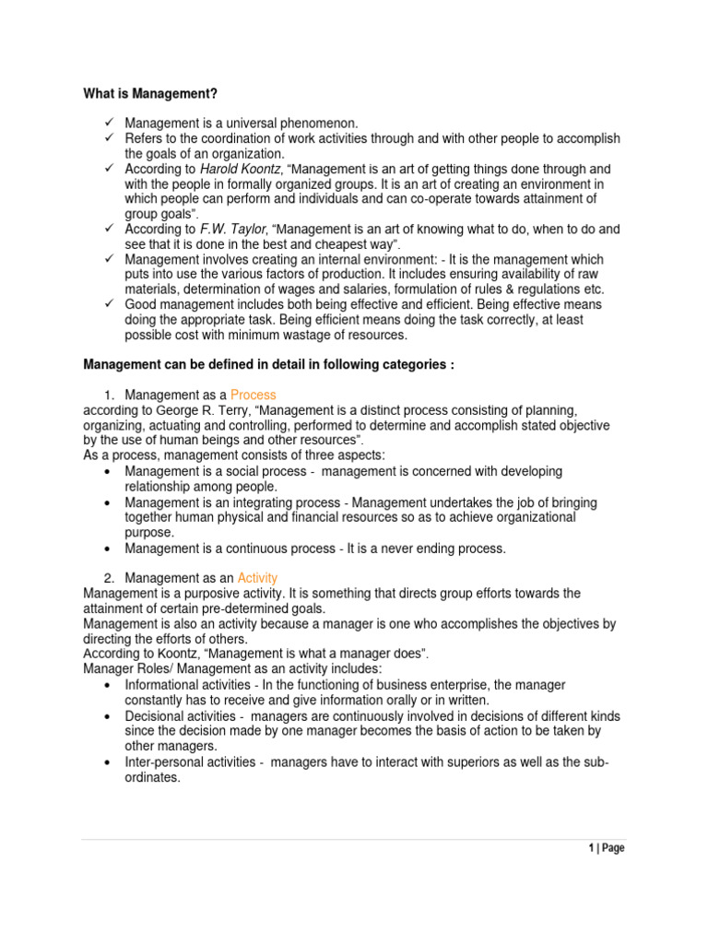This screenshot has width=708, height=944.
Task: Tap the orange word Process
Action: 254,395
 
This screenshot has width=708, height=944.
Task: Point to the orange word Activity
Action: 257,578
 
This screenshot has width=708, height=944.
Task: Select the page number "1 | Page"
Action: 607,848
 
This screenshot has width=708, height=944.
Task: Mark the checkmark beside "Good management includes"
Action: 108,304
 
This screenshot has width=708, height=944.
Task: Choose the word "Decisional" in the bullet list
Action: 157,716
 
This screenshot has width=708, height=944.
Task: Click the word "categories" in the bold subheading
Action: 394,364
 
